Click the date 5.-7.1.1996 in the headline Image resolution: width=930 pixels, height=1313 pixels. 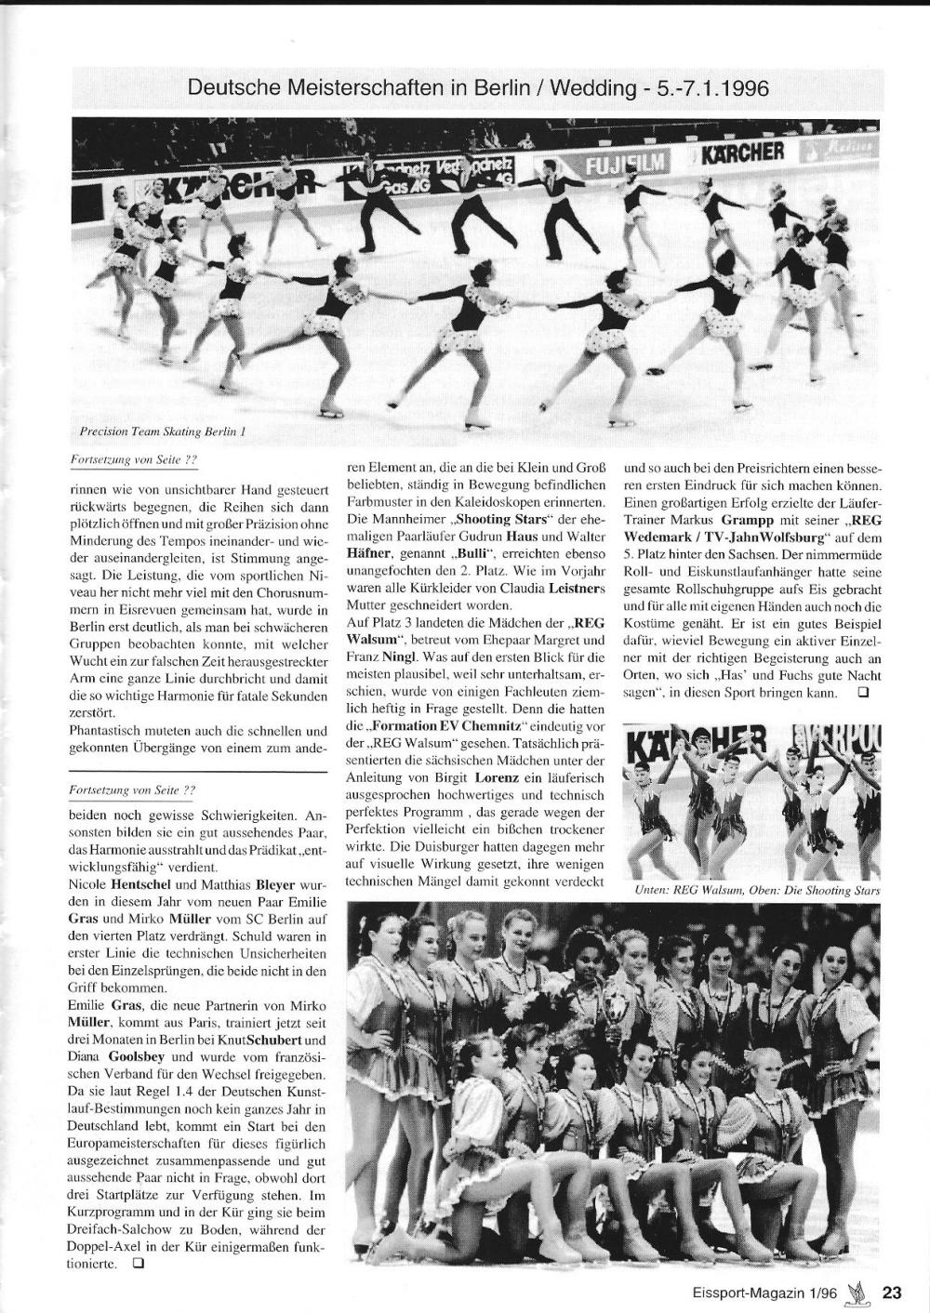tap(710, 89)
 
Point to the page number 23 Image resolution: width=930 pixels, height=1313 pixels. tap(892, 1292)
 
